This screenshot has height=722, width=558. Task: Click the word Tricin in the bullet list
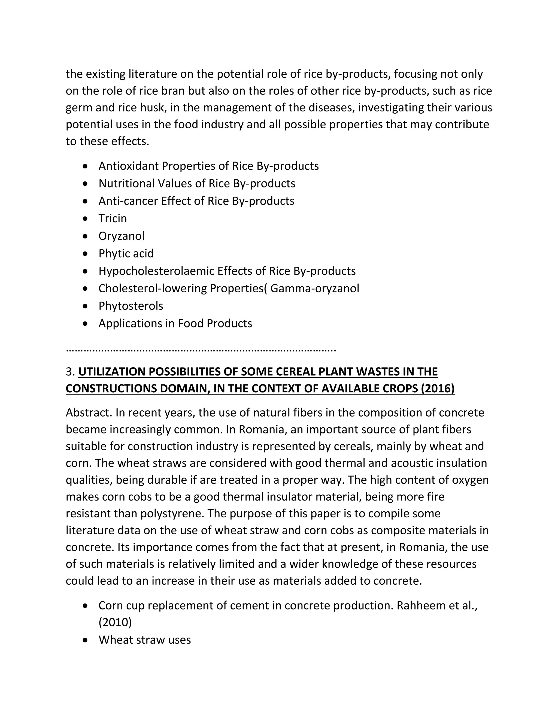113,219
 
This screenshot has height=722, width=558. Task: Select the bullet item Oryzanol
121,236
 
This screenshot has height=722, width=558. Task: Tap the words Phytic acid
126,254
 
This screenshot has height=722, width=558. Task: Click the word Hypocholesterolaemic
156,271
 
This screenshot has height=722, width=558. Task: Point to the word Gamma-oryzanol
314,289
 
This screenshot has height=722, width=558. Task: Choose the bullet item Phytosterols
131,306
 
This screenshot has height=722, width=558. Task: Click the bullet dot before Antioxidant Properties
86,166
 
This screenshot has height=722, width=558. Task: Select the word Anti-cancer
128,201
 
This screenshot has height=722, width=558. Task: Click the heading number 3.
70,372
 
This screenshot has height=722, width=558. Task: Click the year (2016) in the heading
438,389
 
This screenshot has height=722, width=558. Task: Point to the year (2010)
115,623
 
